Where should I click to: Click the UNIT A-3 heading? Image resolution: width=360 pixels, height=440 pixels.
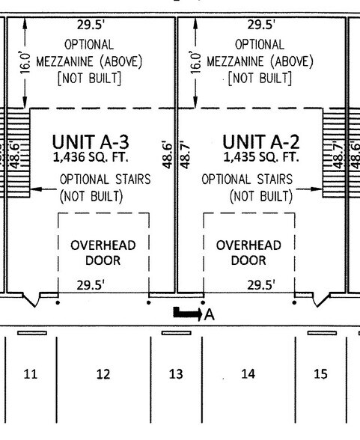[91, 141]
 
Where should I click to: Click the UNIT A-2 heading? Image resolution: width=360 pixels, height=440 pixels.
[261, 141]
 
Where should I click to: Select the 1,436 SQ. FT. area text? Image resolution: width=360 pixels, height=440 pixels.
[91, 157]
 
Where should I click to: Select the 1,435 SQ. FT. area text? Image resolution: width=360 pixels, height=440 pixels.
[261, 157]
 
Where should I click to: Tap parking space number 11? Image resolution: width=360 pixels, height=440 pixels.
[30, 374]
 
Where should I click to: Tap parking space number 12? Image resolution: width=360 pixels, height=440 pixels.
[103, 374]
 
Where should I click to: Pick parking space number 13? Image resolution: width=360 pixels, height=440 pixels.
[176, 374]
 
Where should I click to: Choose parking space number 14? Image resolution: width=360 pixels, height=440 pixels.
[248, 374]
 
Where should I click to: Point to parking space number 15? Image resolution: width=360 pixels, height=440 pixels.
[320, 374]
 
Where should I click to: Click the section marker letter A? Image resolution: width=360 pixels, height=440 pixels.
[209, 314]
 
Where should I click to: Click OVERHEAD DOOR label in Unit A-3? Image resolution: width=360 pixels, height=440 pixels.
[103, 253]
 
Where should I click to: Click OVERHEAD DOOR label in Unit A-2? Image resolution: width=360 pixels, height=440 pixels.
[248, 253]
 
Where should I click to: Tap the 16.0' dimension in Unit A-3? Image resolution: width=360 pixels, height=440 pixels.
[25, 63]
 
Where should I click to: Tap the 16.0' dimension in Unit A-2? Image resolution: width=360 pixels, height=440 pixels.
[195, 63]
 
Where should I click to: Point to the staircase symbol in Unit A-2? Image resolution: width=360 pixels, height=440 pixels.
[334, 153]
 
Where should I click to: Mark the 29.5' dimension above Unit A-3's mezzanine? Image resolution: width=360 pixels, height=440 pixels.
[91, 25]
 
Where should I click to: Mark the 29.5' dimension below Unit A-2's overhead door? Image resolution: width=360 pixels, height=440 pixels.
[261, 285]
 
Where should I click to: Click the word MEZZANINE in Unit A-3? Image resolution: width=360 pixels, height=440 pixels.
[65, 61]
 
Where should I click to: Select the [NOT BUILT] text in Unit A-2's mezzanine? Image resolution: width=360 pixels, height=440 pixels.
[260, 79]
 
